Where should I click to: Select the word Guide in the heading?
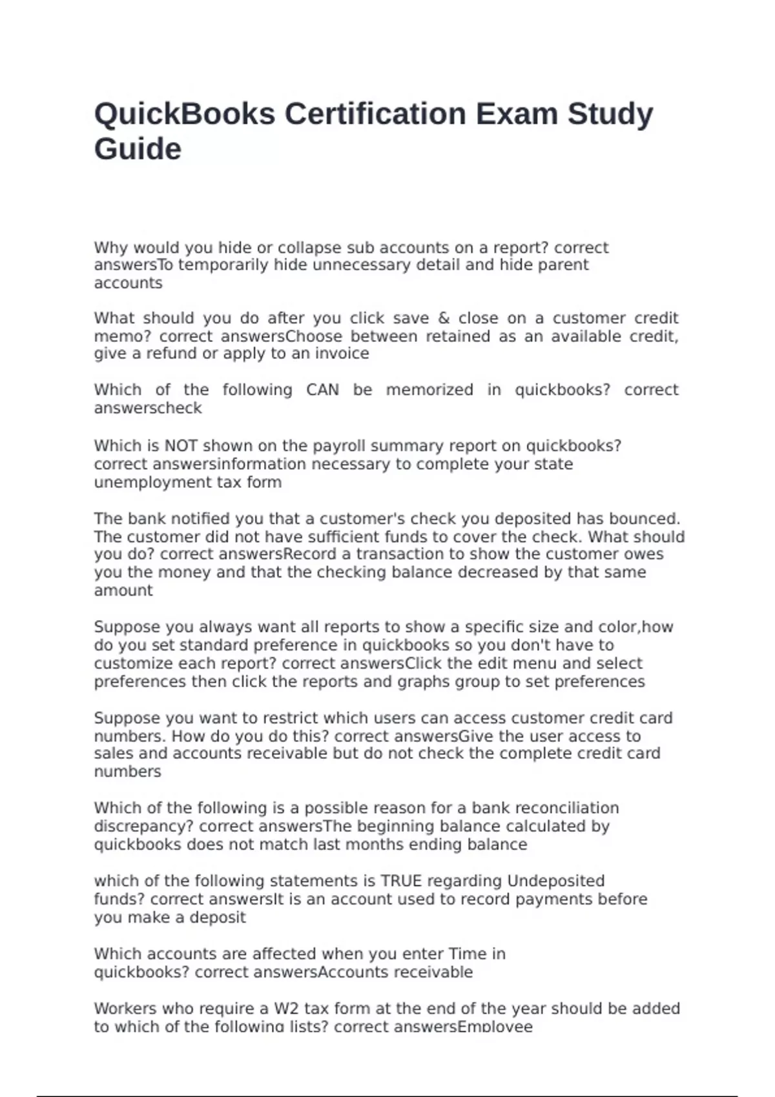click(138, 149)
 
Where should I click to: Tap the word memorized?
click(429, 390)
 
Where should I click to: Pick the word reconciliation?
click(566, 808)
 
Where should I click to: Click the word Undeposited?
click(556, 881)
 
